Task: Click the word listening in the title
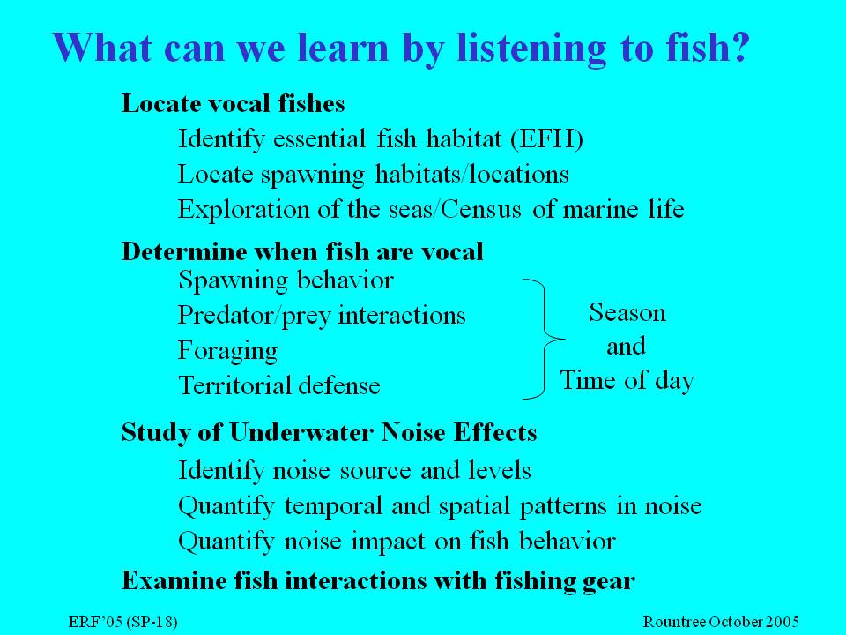pos(531,48)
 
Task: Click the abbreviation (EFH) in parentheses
pos(546,139)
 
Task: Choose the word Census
pos(481,209)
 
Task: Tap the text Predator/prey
pos(254,316)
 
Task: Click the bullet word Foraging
pos(227,351)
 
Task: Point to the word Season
pos(627,312)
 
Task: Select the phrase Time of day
pos(627,381)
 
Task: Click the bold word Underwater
pos(301,432)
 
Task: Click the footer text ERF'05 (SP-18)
pos(123,622)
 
